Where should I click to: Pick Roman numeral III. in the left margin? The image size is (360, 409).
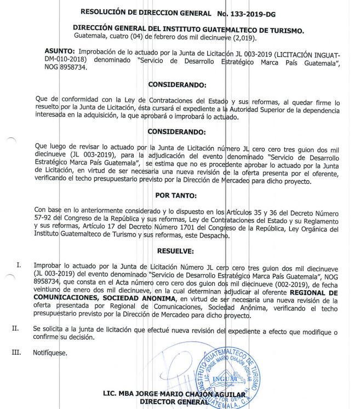(x=17, y=352)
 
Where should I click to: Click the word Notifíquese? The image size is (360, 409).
(x=50, y=353)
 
